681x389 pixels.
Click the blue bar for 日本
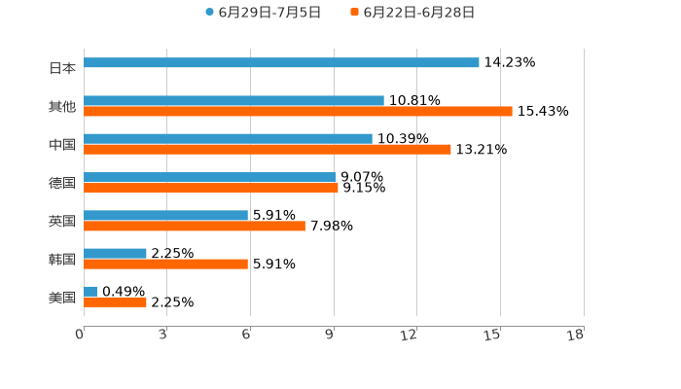[x=281, y=63]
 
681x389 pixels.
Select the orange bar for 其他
[x=298, y=112]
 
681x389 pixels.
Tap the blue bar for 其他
[x=233, y=100]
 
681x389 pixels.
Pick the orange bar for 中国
[x=268, y=150]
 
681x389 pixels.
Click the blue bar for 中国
[x=228, y=138]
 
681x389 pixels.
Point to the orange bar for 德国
[x=211, y=188]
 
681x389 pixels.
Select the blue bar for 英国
[x=165, y=215]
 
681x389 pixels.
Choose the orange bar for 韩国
[x=165, y=264]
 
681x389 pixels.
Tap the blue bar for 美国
[x=90, y=291]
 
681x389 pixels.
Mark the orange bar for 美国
[x=115, y=301]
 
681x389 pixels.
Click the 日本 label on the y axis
[x=62, y=68]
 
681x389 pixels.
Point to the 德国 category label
[x=62, y=183]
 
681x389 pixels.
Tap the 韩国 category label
[x=62, y=259]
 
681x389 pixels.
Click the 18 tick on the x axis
[x=575, y=335]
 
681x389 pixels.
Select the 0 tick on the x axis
[x=80, y=335]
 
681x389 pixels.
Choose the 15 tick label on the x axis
[x=492, y=335]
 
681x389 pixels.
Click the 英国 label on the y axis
[x=62, y=221]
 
